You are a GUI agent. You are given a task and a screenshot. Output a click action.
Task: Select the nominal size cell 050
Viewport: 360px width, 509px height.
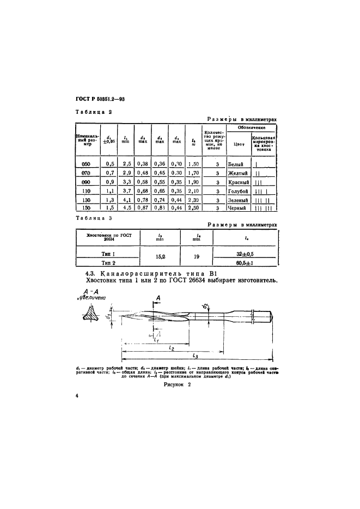(87, 164)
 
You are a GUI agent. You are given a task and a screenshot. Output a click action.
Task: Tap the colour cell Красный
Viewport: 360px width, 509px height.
(238, 182)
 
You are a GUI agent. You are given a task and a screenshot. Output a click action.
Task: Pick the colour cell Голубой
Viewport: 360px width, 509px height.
(237, 191)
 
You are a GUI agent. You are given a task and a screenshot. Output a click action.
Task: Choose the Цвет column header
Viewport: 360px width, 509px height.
(236, 144)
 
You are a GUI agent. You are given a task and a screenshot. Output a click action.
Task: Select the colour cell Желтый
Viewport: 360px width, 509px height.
(237, 173)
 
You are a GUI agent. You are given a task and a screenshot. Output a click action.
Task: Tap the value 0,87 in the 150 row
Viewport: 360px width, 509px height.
(143, 208)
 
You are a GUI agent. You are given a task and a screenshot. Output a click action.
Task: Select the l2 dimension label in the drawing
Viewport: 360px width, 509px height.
(172, 346)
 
